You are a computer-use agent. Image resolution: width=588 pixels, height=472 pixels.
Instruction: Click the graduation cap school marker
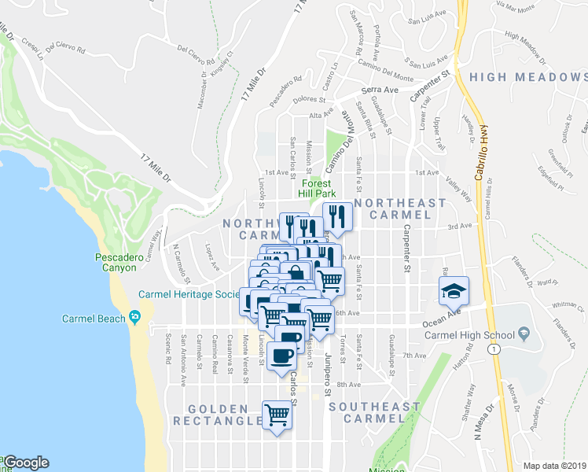454,291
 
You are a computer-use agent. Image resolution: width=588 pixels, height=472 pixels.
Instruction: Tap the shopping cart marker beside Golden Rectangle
277,414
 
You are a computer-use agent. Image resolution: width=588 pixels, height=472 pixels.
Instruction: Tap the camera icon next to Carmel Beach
135,318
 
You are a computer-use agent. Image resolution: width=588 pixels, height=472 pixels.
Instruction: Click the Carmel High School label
470,335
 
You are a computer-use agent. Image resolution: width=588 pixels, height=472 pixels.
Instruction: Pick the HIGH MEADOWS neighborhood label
527,77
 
